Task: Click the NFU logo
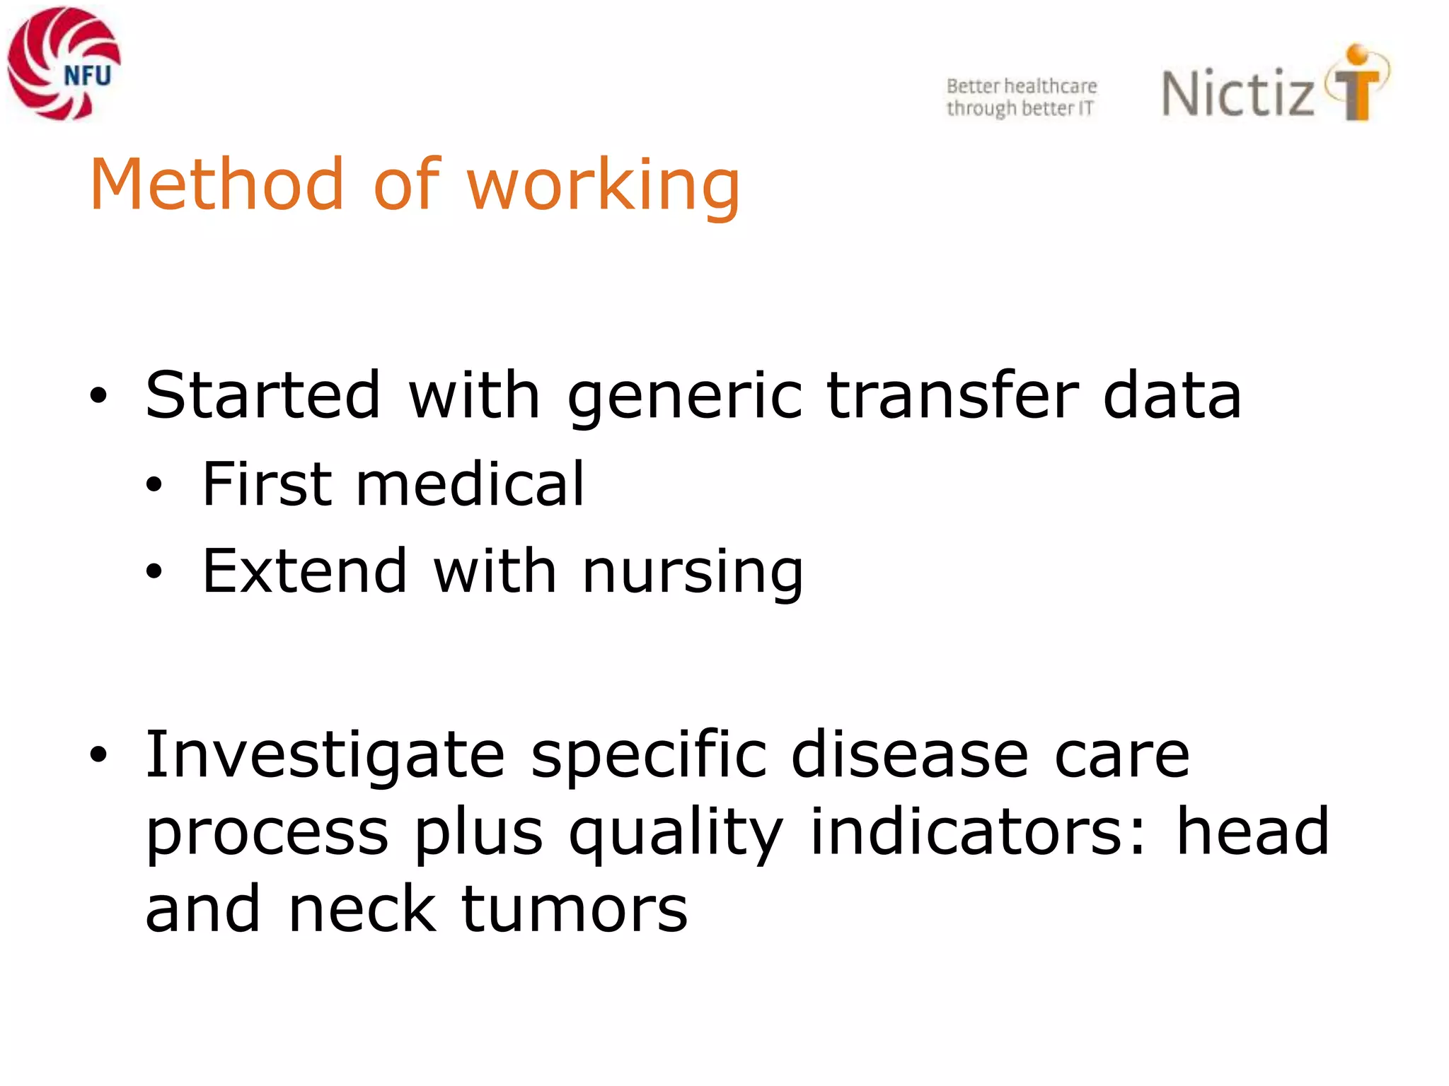[x=64, y=64]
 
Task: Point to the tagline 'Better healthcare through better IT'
[x=1021, y=97]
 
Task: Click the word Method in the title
[x=217, y=185]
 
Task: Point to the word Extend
[x=304, y=571]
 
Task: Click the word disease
[x=909, y=754]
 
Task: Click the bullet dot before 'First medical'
[x=154, y=485]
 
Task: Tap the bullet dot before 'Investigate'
[x=98, y=755]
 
